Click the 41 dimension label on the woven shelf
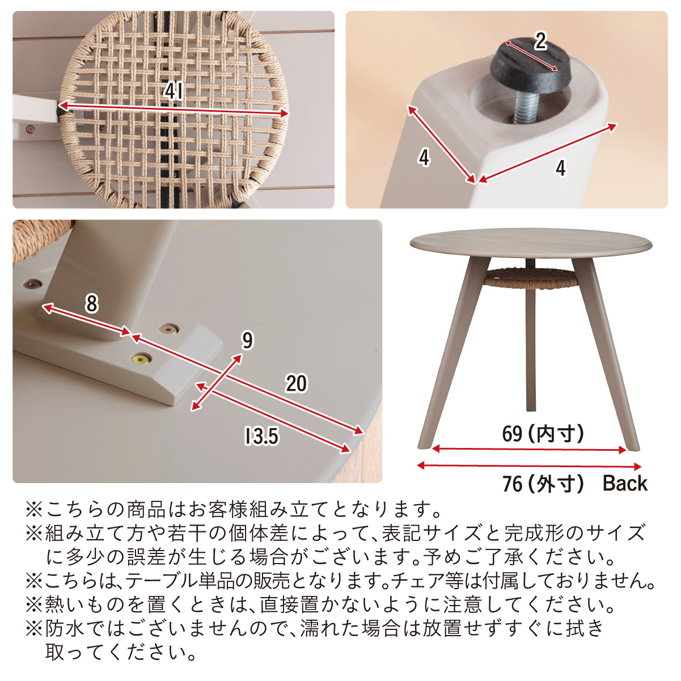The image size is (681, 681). [x=174, y=91]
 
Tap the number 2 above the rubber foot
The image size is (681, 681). [x=540, y=41]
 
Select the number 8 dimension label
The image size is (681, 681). [x=91, y=303]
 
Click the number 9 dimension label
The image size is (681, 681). [x=247, y=341]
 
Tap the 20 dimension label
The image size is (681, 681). [x=297, y=383]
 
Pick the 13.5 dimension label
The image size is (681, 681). [x=262, y=435]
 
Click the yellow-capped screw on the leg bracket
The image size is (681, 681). [x=141, y=360]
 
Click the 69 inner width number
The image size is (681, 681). [x=512, y=433]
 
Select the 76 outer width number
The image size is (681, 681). [x=512, y=484]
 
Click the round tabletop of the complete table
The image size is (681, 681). [x=531, y=243]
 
